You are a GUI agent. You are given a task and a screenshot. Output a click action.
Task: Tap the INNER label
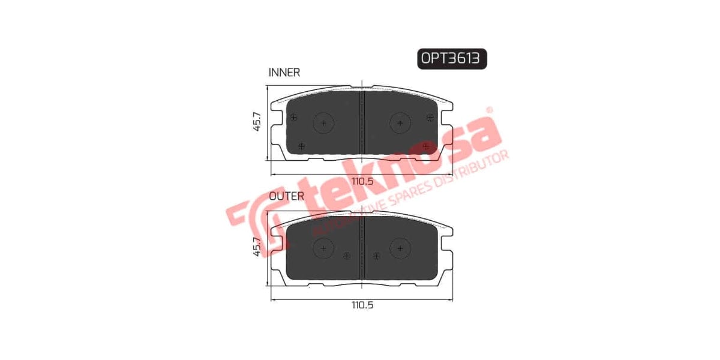(284, 73)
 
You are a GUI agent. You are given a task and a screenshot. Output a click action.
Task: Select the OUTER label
(286, 196)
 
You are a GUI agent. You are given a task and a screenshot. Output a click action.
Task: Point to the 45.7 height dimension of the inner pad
(257, 122)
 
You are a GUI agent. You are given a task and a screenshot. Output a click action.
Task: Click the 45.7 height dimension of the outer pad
(257, 247)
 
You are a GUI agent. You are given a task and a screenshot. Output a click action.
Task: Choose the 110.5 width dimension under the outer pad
(362, 305)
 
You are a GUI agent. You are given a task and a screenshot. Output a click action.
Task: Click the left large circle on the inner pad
(324, 123)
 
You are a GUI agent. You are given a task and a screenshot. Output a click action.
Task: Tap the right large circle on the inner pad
(400, 123)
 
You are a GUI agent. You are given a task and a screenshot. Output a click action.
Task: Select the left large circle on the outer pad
(324, 247)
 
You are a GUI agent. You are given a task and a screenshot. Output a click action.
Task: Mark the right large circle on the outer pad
(400, 247)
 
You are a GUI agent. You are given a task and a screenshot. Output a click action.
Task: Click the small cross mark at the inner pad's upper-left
(293, 117)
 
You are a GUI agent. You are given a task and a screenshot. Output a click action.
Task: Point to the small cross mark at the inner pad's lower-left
(302, 145)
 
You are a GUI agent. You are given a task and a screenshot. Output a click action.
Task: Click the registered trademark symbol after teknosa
(489, 111)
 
